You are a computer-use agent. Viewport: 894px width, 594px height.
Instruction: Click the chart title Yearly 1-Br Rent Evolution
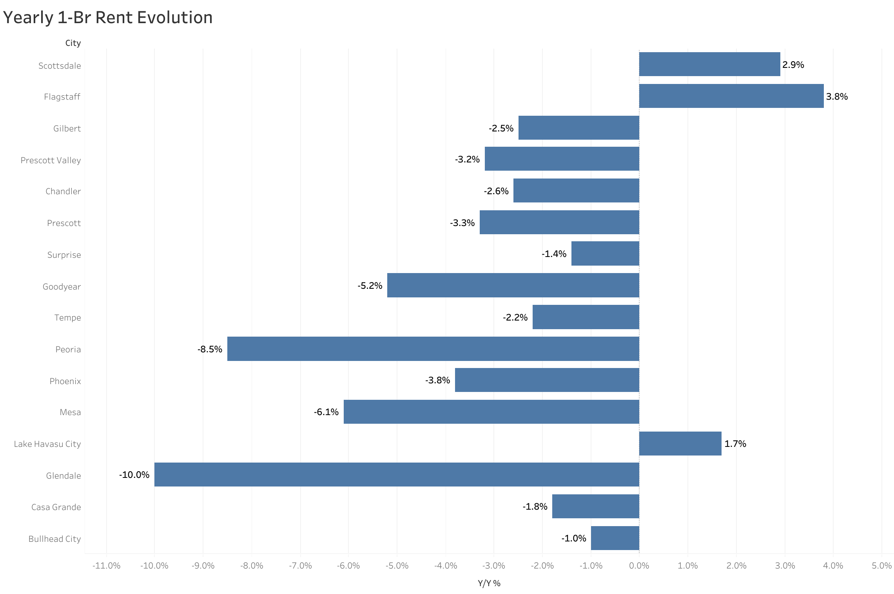pos(107,18)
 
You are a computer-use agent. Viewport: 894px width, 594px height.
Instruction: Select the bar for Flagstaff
pos(731,96)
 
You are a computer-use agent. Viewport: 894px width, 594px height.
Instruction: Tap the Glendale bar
pos(397,474)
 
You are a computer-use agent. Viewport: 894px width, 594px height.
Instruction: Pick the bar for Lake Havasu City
pos(680,443)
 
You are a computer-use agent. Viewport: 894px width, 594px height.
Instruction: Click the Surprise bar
pos(605,253)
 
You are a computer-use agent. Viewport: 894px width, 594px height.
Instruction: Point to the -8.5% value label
pos(210,349)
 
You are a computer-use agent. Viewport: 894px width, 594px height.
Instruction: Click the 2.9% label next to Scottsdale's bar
pos(793,65)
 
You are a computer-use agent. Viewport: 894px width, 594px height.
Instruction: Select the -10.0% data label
pos(134,475)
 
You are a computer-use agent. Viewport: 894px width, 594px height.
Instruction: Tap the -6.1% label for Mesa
pos(326,412)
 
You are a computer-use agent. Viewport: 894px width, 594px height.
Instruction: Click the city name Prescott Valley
pos(51,160)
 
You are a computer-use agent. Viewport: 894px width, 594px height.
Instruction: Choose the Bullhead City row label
pos(54,539)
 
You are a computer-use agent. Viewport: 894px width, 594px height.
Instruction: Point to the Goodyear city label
pos(62,286)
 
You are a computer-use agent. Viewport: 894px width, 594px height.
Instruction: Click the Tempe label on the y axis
pos(67,317)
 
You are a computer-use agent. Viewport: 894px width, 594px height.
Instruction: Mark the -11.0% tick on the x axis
pos(106,565)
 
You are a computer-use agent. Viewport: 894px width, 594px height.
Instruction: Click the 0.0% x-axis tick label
pos(639,565)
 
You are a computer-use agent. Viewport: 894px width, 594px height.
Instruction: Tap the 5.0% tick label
pos(881,565)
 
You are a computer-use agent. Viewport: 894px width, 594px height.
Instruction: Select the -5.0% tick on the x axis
pos(397,565)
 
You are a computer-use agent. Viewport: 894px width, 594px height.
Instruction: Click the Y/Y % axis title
pos(489,583)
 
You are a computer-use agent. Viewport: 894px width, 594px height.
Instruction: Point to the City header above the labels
pos(73,43)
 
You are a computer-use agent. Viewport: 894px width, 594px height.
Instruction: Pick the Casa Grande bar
pos(595,506)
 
